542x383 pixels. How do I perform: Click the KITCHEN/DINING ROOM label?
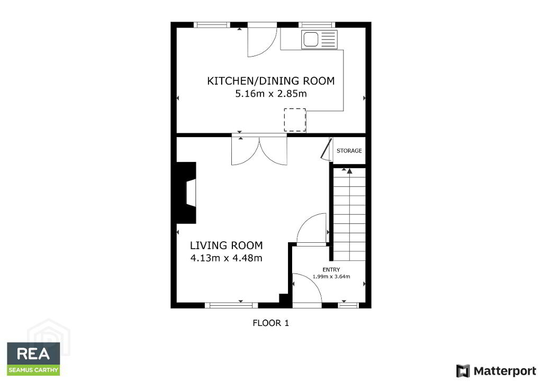point(270,81)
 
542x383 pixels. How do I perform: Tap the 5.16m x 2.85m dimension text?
point(270,94)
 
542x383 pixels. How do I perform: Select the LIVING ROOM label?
point(226,245)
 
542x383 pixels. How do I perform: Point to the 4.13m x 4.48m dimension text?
point(226,258)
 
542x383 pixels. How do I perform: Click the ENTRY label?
point(331,270)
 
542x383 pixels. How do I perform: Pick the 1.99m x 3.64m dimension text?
point(331,277)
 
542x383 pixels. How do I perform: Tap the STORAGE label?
point(349,151)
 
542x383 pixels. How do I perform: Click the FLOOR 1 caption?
point(270,323)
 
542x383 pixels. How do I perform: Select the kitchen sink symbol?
point(319,39)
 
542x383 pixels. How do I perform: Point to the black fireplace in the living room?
point(187,193)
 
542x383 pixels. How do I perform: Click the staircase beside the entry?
point(349,214)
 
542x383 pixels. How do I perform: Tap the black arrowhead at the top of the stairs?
point(349,171)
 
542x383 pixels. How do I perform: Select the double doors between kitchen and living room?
point(259,151)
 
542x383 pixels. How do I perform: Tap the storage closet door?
point(326,149)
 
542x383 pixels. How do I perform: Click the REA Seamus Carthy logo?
point(33,359)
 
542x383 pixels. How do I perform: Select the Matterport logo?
point(496,371)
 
